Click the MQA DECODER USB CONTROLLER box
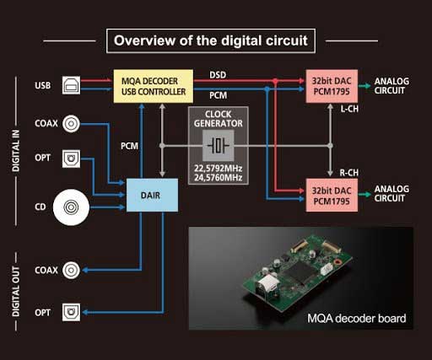pos(154,86)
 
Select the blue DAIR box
pos(152,195)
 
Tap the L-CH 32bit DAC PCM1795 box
pos(332,86)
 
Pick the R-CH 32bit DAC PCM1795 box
pos(332,196)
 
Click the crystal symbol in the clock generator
pos(219,146)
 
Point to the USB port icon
pos(71,85)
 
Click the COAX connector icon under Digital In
pos(71,124)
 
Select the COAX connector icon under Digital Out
pos(71,270)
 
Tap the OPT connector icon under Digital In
pos(71,159)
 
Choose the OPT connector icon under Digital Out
pos(71,312)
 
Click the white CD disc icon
pos(71,207)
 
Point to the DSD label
pos(218,75)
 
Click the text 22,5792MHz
pos(219,169)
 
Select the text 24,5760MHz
pos(219,178)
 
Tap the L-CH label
pos(349,109)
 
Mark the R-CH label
pos(349,173)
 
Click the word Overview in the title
pos(144,40)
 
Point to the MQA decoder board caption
pos(357,319)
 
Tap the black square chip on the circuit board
pos(300,271)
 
